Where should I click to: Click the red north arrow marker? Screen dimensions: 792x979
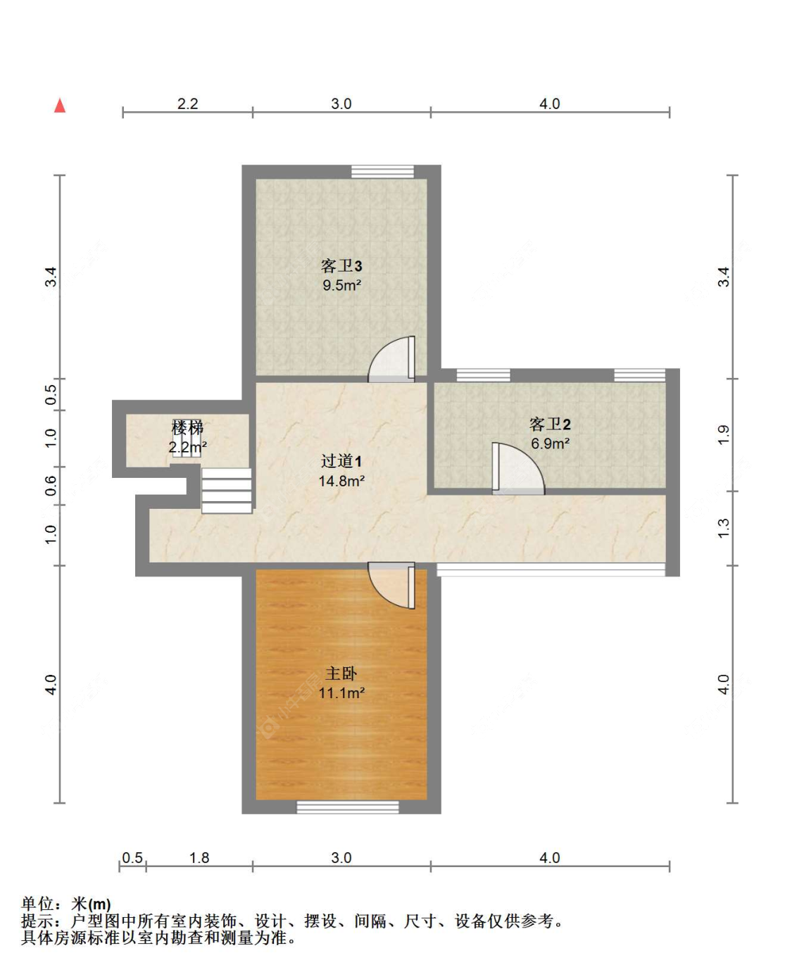[x=60, y=106]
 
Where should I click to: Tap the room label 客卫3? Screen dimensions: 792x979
[x=341, y=265]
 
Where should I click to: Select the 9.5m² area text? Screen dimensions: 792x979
[x=341, y=285]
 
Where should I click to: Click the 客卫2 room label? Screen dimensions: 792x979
[x=550, y=424]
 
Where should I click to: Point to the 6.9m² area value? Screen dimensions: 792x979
[x=551, y=443]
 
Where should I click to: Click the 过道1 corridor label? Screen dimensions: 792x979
[x=341, y=460]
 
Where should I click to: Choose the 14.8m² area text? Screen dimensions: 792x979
[x=341, y=481]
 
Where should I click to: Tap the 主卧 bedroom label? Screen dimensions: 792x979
[x=341, y=674]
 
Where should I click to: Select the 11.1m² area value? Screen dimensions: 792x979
[x=341, y=693]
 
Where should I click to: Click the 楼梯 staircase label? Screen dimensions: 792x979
[x=187, y=427]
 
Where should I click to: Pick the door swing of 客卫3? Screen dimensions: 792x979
[x=391, y=359]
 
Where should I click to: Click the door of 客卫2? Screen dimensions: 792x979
[x=518, y=468]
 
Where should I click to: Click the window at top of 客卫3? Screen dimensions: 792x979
[x=382, y=172]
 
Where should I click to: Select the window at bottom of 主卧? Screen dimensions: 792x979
[x=348, y=807]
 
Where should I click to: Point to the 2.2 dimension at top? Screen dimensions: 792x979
[x=187, y=104]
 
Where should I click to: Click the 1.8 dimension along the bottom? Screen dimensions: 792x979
[x=199, y=857]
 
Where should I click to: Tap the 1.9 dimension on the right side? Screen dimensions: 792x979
[x=723, y=435]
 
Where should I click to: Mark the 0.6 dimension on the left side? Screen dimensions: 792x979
[x=51, y=486]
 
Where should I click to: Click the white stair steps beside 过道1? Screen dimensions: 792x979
[x=227, y=491]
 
